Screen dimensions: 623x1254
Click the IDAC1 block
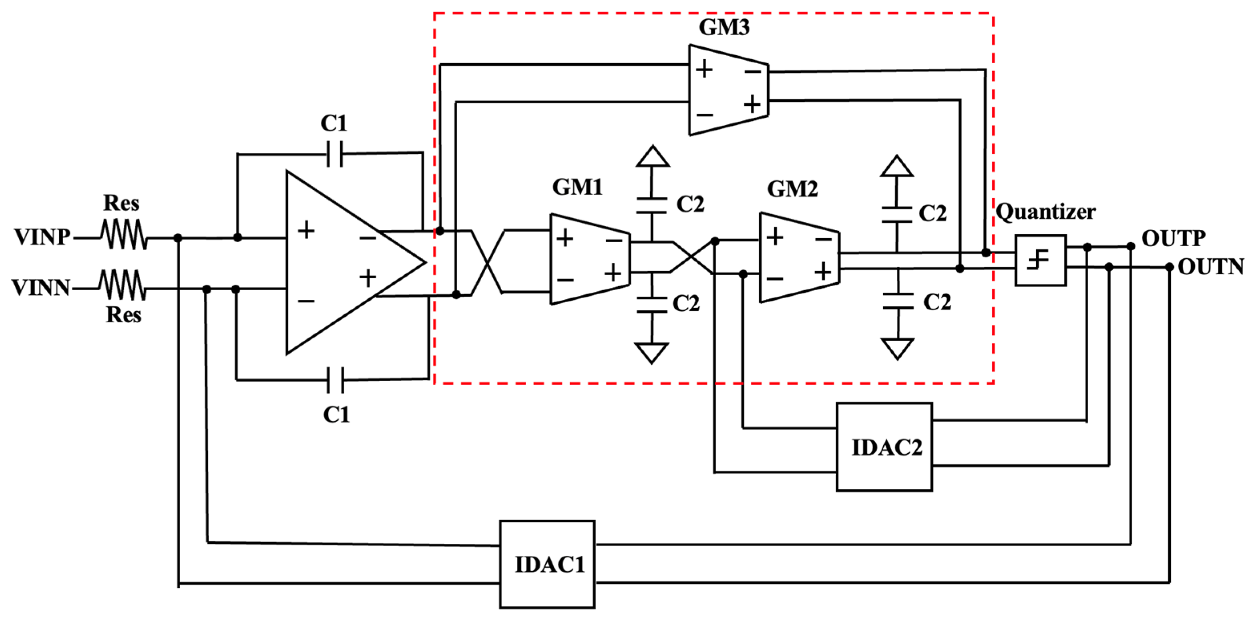click(x=547, y=564)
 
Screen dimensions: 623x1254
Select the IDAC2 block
click(x=884, y=447)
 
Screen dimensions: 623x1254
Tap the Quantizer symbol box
click(x=1040, y=260)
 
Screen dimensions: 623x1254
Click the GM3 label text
click(x=724, y=27)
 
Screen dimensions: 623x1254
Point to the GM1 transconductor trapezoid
click(x=589, y=259)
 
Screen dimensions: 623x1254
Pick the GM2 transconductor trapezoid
click(x=799, y=257)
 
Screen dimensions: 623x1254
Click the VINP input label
click(x=42, y=237)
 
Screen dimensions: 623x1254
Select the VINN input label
click(x=41, y=288)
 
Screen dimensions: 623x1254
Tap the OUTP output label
click(x=1173, y=239)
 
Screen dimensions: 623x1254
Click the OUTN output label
click(x=1210, y=267)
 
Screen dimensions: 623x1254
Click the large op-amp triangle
click(x=341, y=263)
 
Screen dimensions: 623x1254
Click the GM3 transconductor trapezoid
click(x=728, y=90)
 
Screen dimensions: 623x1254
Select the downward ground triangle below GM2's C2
click(x=897, y=348)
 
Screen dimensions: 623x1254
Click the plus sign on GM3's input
click(x=704, y=69)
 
